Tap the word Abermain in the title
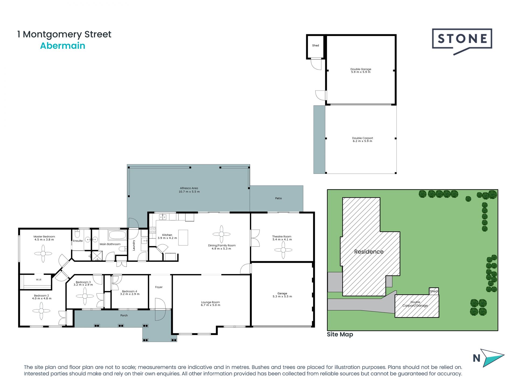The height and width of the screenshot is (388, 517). (62, 46)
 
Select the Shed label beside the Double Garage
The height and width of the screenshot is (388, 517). (315, 46)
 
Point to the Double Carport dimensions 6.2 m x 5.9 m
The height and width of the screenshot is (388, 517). (362, 141)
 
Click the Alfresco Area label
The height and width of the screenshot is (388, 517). (189, 188)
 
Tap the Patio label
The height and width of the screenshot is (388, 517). (278, 198)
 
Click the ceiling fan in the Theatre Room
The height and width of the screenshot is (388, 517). (283, 250)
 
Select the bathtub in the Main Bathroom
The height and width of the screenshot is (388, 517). (117, 235)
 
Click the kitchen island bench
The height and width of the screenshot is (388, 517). (183, 237)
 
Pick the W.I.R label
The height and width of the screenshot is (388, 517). (39, 280)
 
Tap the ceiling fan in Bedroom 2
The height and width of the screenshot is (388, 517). (41, 311)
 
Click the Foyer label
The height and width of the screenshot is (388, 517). (159, 287)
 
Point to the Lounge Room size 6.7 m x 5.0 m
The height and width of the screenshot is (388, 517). (210, 305)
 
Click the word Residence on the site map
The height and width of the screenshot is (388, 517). (368, 252)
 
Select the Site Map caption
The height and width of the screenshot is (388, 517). (340, 334)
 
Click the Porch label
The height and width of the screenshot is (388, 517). (124, 316)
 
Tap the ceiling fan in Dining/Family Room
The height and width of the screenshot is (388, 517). (221, 234)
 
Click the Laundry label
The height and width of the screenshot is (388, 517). (134, 245)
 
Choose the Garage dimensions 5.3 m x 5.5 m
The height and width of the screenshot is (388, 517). (282, 296)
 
